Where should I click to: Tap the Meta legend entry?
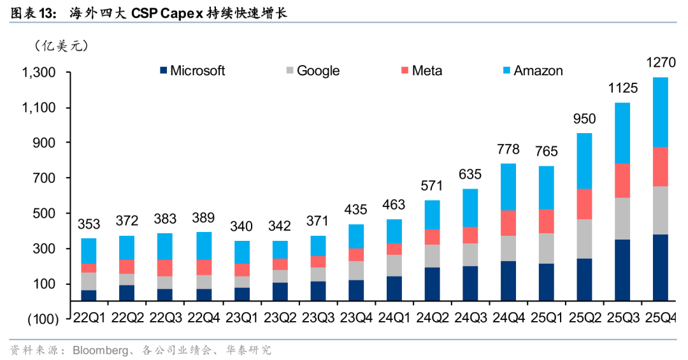coord(420,71)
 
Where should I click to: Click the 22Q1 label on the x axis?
coord(89,317)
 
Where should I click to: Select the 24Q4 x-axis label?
coord(508,317)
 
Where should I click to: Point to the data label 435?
coord(356,209)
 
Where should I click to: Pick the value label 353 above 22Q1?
coord(89,224)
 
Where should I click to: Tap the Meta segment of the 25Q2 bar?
coord(584,204)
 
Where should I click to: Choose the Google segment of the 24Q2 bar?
coord(433,256)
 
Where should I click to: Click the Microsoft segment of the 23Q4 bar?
coord(356,290)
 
